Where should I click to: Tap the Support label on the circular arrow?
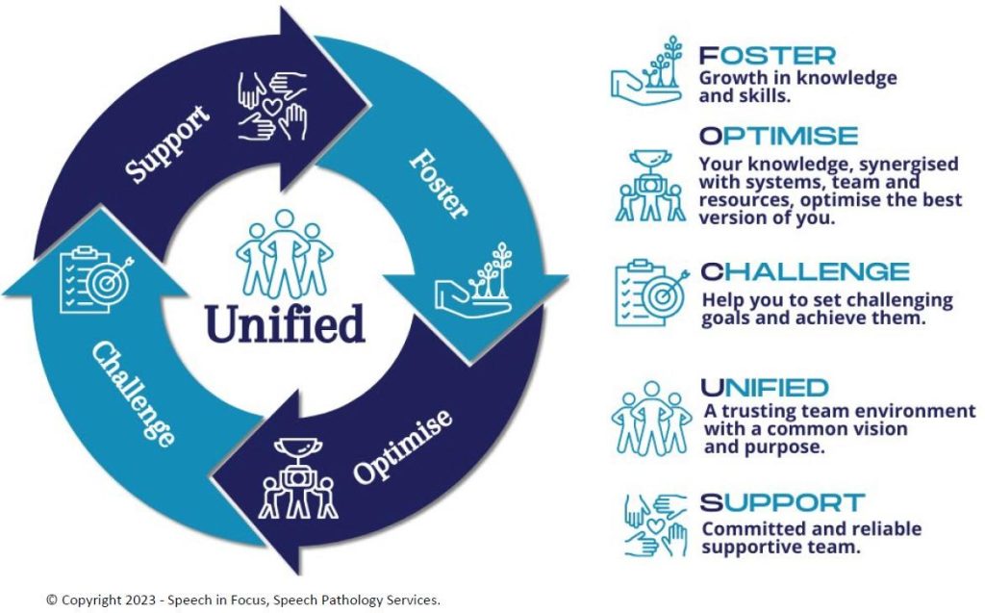point(168,146)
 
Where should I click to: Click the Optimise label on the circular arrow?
point(401,447)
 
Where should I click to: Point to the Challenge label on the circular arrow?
point(133,394)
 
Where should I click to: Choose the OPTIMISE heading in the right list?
point(778,135)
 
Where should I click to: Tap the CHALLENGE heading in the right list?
point(804,271)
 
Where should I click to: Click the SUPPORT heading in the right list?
point(782,502)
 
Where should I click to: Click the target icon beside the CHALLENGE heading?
point(651,294)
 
